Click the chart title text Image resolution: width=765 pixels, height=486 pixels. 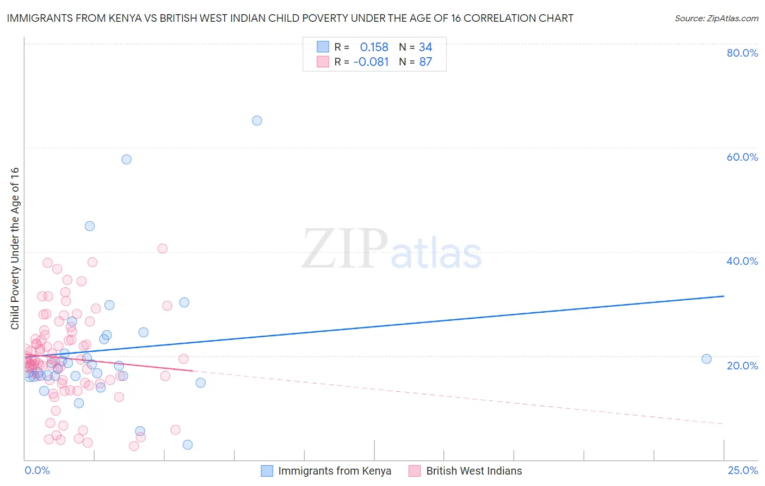tap(290, 19)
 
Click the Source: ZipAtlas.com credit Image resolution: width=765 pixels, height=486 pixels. tap(716, 19)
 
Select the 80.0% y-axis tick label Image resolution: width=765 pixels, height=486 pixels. tap(742, 53)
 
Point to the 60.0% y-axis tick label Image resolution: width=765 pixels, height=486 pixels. tap(742, 157)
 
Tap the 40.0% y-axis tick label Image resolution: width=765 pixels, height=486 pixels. tap(742, 261)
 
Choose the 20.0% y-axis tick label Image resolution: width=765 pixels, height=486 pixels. tap(742, 366)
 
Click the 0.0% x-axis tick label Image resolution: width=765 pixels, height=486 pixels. tap(37, 470)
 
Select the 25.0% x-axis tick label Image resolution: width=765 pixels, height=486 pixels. tap(743, 470)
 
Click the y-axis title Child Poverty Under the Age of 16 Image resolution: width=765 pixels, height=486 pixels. tap(15, 248)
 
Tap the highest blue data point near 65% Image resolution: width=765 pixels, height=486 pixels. tap(257, 120)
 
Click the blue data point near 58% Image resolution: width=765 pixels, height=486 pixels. tap(126, 159)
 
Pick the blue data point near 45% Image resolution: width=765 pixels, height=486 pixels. tap(90, 226)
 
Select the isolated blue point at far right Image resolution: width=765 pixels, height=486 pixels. tap(706, 359)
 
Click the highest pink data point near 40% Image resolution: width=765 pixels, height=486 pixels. tap(162, 248)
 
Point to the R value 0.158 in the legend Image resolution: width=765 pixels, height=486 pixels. tap(374, 47)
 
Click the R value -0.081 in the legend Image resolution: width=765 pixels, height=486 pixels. tap(371, 62)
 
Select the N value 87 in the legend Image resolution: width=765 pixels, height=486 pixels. tap(425, 62)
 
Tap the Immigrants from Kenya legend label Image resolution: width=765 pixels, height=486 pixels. tap(334, 471)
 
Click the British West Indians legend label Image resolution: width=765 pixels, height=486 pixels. tap(473, 471)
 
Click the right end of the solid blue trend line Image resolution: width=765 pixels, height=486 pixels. tap(724, 296)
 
